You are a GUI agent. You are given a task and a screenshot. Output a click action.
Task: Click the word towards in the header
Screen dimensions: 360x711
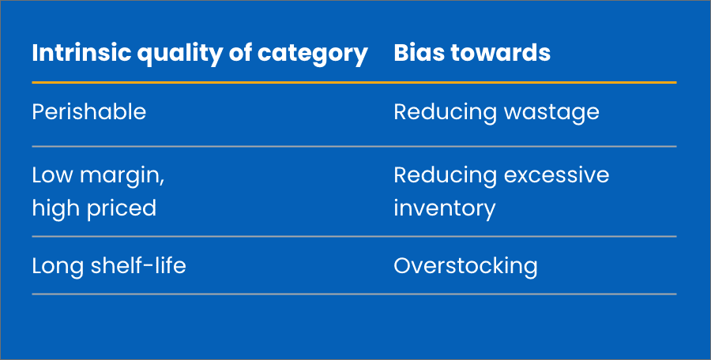[505, 53]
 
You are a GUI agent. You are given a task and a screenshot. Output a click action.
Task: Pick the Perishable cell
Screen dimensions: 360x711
[88, 112]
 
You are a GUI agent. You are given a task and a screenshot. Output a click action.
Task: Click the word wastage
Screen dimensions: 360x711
[550, 112]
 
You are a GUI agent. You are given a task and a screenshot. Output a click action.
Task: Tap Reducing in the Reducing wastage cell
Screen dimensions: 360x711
[443, 112]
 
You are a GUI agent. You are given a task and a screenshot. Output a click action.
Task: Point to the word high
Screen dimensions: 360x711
[55, 208]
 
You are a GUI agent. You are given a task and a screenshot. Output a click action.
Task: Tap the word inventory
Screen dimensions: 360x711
[445, 208]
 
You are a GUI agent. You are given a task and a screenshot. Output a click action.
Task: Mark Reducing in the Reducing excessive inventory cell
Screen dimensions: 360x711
[443, 174]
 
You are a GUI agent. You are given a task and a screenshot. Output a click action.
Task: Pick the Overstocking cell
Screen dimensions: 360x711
[465, 266]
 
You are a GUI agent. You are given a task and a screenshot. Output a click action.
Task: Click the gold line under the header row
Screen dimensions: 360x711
[354, 82]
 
